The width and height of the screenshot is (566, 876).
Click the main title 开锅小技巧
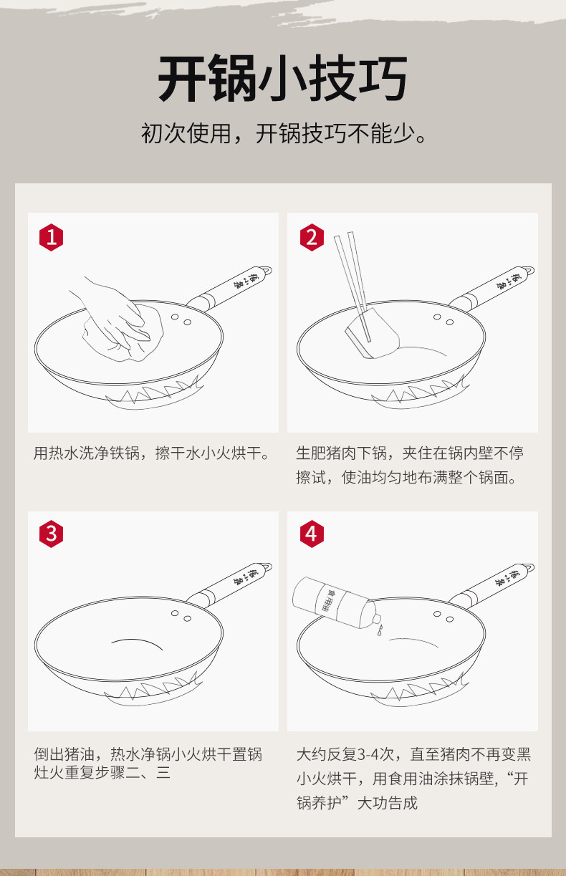click(283, 78)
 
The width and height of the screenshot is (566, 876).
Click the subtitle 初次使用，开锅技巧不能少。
click(284, 133)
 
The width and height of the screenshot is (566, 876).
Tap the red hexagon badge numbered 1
click(52, 237)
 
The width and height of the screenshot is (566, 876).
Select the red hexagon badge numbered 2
click(312, 237)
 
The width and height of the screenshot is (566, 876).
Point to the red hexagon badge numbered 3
click(52, 534)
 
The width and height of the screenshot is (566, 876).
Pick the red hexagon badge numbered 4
click(312, 534)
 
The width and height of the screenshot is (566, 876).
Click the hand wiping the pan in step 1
click(113, 313)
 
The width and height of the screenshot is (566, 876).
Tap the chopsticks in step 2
click(352, 286)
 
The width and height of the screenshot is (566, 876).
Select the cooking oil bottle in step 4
click(337, 603)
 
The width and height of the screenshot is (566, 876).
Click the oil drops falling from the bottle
click(380, 630)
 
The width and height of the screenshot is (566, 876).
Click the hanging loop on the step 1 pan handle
click(267, 271)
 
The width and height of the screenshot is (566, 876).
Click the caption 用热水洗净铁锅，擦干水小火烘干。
click(152, 453)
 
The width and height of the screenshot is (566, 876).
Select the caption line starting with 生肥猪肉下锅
click(410, 453)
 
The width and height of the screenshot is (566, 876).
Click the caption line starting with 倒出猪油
click(148, 754)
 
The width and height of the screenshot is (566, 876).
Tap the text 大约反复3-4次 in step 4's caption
click(345, 754)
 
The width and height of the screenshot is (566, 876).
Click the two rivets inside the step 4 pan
click(443, 617)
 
